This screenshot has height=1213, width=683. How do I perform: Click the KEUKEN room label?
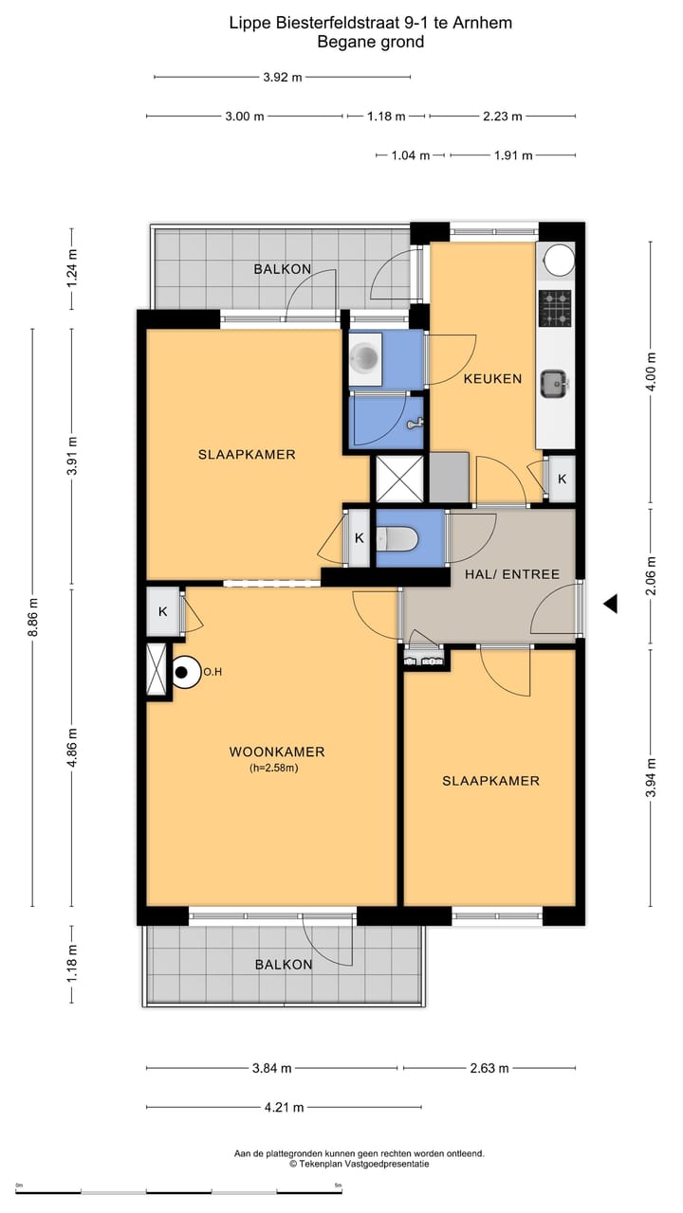(x=492, y=378)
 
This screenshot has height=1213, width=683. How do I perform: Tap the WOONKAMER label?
(x=277, y=751)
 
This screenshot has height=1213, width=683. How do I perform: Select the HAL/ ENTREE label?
(x=512, y=574)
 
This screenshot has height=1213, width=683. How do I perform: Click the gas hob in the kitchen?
(x=555, y=308)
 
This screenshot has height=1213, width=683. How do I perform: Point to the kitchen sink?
(x=553, y=384)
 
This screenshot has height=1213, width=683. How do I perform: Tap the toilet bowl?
(x=397, y=538)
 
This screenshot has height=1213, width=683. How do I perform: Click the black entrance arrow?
(x=611, y=604)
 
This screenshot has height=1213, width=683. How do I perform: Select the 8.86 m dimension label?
(x=33, y=617)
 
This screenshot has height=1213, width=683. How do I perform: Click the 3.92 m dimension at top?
(x=283, y=77)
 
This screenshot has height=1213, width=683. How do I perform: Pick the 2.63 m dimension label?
(x=489, y=1068)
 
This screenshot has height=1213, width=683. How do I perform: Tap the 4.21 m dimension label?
(x=284, y=1108)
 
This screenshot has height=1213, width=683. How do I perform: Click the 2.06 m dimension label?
(x=651, y=575)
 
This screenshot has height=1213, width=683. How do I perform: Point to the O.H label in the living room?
(x=212, y=672)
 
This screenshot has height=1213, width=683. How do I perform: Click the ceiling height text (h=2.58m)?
(x=274, y=768)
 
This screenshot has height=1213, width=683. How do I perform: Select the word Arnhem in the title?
(x=482, y=23)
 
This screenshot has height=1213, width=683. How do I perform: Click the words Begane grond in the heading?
(x=371, y=42)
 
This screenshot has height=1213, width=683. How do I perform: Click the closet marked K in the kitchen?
(x=562, y=479)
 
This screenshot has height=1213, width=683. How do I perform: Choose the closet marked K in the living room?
(x=162, y=612)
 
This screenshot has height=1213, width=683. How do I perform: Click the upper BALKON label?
(x=283, y=269)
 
